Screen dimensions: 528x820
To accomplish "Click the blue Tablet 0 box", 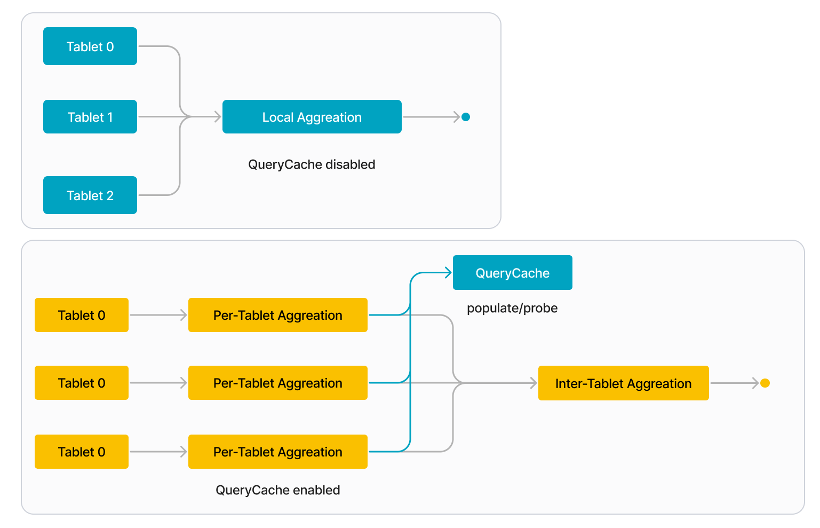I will click(90, 46).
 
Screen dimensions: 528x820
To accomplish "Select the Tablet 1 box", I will click(90, 117).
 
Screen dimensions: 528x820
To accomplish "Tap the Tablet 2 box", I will click(90, 195).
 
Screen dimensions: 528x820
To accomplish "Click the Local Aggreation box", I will click(312, 117).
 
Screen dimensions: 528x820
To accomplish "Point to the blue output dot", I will click(466, 117).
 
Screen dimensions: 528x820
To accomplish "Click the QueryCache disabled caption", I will click(312, 164).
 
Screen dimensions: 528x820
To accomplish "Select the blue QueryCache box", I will click(512, 273).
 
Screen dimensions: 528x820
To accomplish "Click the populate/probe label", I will click(512, 308).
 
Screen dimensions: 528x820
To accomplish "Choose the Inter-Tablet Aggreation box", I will click(623, 383).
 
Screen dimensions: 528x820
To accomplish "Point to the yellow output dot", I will click(765, 383).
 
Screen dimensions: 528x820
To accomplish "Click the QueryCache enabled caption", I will click(277, 490).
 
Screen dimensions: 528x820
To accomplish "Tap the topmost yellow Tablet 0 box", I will click(81, 315).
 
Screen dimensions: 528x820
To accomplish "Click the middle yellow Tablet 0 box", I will click(81, 383).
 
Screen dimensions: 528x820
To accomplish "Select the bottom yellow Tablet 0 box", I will click(81, 452).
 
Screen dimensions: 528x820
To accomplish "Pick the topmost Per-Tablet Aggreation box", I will click(277, 315).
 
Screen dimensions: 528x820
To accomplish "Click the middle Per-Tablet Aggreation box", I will click(277, 383).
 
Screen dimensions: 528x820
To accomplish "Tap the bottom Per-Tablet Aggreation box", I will click(277, 452).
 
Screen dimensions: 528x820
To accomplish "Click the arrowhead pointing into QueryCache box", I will click(448, 273).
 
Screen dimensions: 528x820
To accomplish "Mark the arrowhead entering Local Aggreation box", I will click(218, 116).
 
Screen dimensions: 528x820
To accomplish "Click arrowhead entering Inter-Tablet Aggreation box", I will click(534, 383).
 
